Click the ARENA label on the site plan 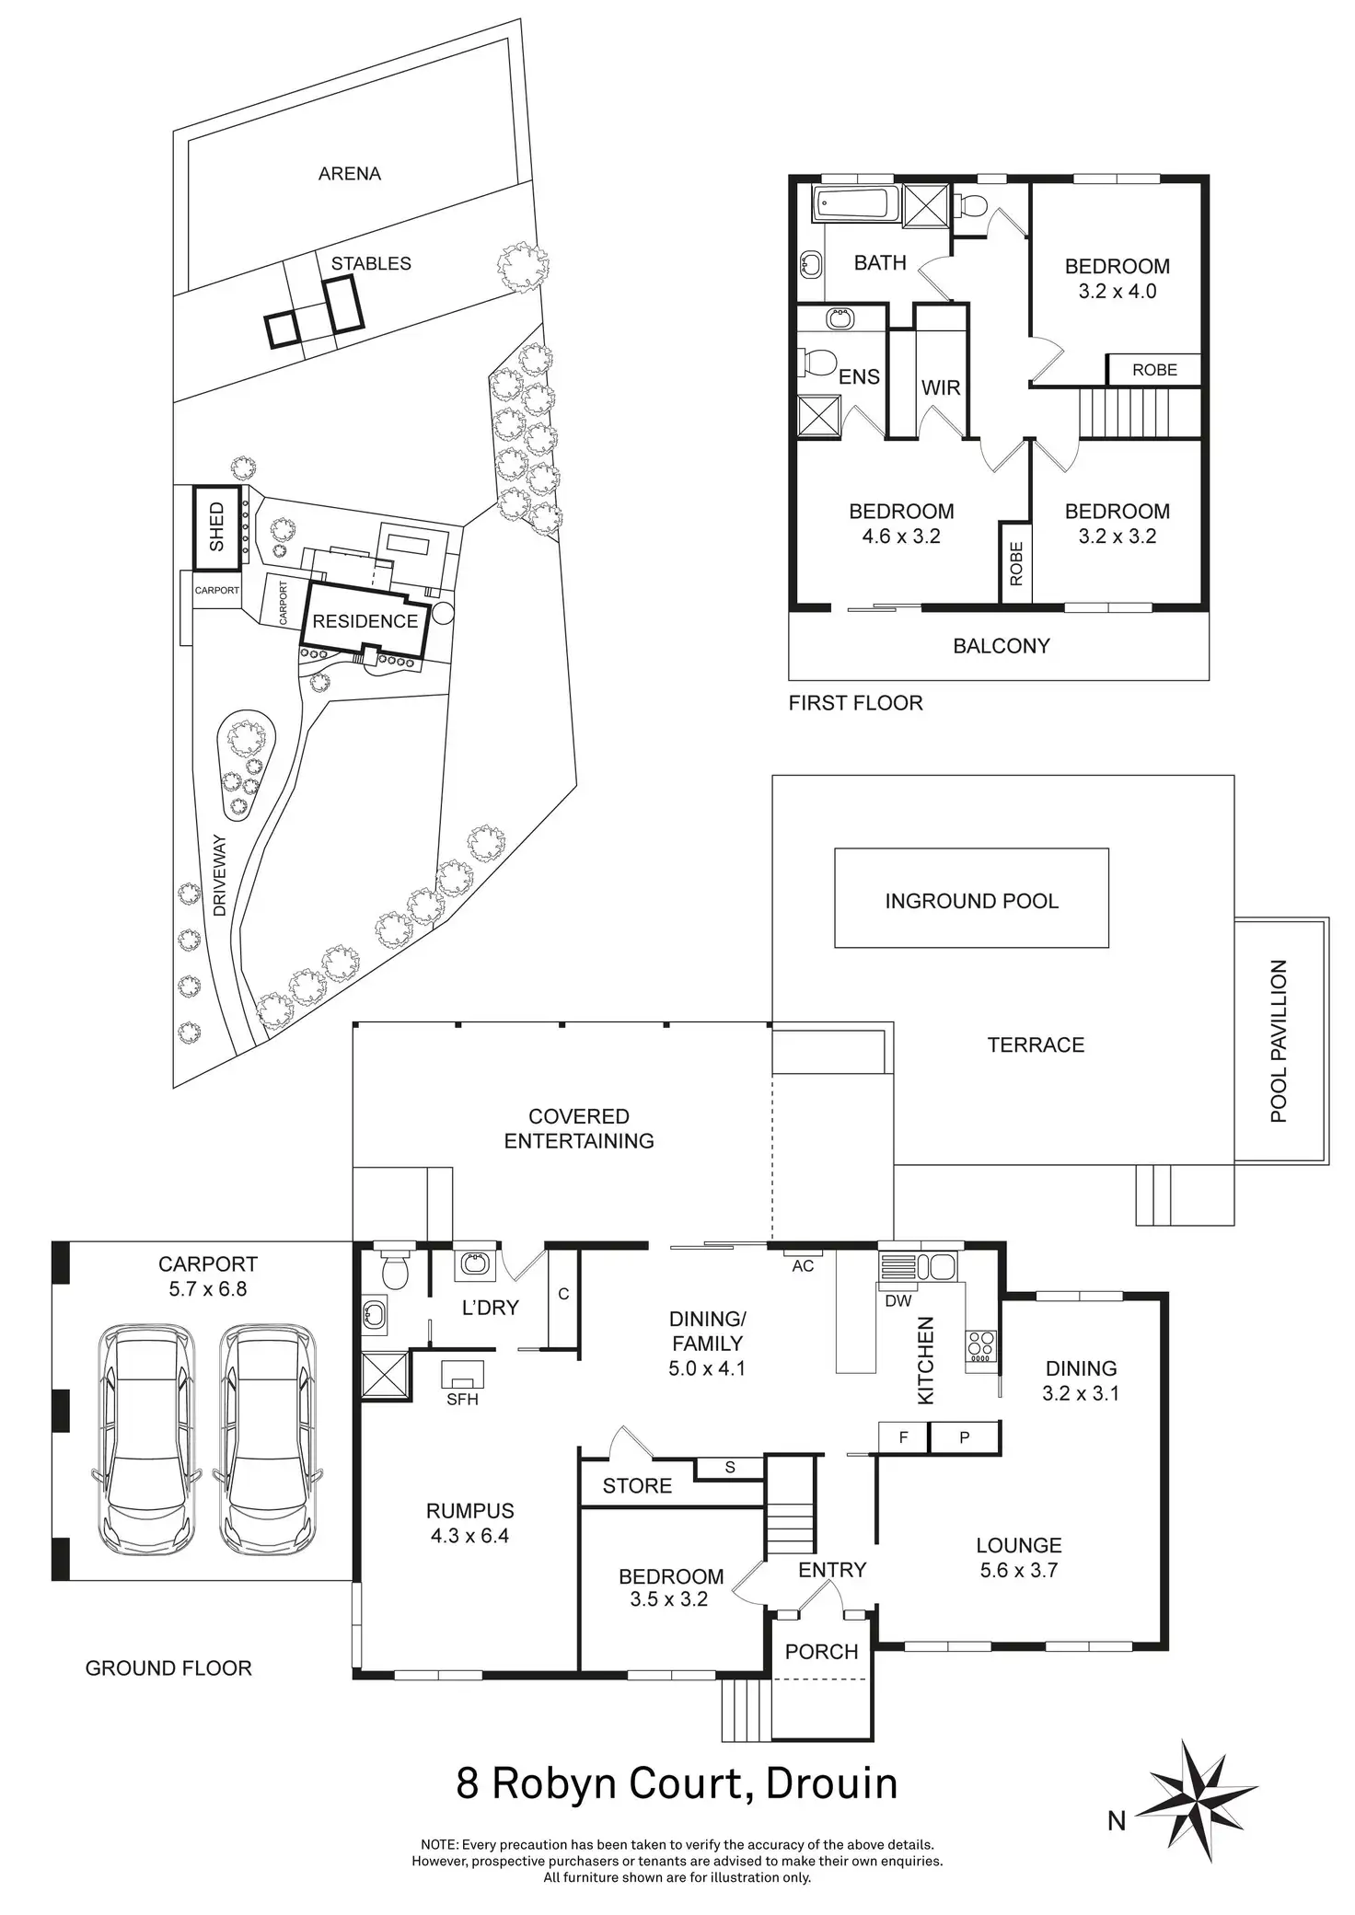pyautogui.click(x=349, y=173)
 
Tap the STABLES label pyautogui.click(x=371, y=263)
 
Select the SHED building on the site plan pyautogui.click(x=216, y=526)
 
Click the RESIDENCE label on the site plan pyautogui.click(x=365, y=621)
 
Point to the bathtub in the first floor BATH pyautogui.click(x=855, y=203)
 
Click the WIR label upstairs pyautogui.click(x=941, y=387)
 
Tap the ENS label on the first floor pyautogui.click(x=859, y=376)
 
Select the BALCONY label pyautogui.click(x=1002, y=646)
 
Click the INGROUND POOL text pyautogui.click(x=972, y=901)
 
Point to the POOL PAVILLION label pyautogui.click(x=1279, y=1041)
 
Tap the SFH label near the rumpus pyautogui.click(x=462, y=1400)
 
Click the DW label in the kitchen pyautogui.click(x=898, y=1300)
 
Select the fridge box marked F pyautogui.click(x=904, y=1436)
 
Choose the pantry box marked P pyautogui.click(x=964, y=1436)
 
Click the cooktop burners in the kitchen pyautogui.click(x=979, y=1346)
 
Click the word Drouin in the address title pyautogui.click(x=831, y=1783)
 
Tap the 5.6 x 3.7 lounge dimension pyautogui.click(x=1019, y=1570)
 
